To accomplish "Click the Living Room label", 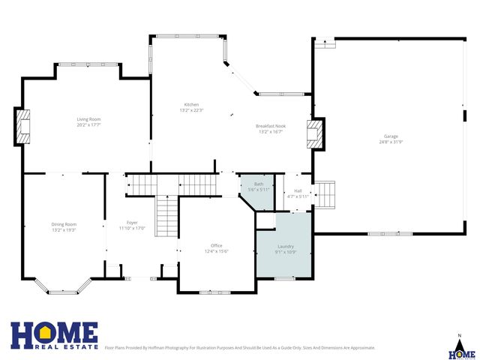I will pyautogui.click(x=88, y=119).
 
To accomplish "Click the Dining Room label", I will pyautogui.click(x=64, y=224).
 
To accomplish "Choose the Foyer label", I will pyautogui.click(x=132, y=223).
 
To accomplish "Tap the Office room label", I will pyautogui.click(x=217, y=245).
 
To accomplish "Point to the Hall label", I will pyautogui.click(x=298, y=191).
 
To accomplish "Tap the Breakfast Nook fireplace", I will pyautogui.click(x=316, y=135).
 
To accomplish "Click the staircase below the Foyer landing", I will pyautogui.click(x=166, y=216).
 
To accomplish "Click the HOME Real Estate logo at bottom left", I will pyautogui.click(x=54, y=336).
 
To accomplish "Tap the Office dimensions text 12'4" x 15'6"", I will pyautogui.click(x=217, y=250).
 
